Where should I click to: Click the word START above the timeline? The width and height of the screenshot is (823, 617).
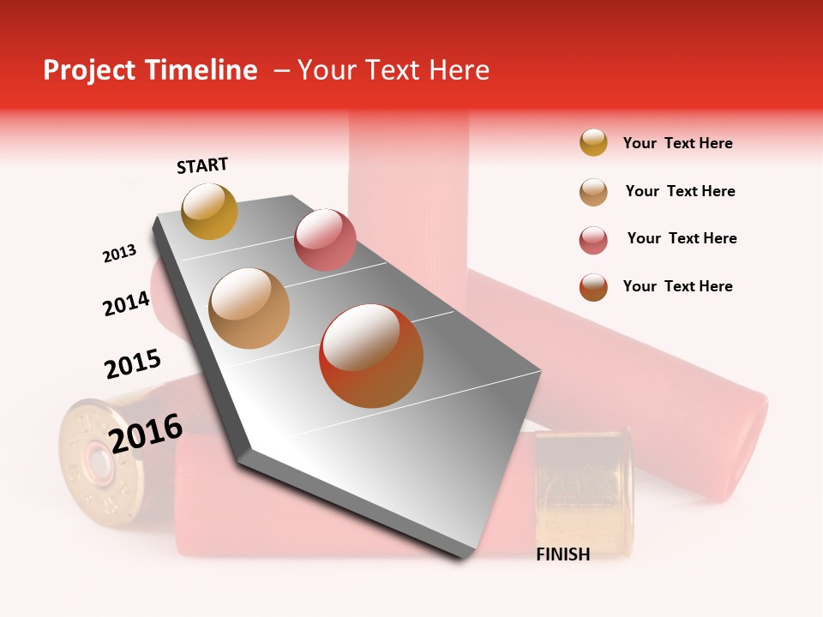click(x=202, y=165)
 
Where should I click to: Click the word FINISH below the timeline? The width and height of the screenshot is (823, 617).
click(x=562, y=554)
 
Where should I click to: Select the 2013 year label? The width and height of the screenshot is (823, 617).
click(x=119, y=254)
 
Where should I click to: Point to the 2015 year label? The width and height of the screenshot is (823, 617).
click(x=132, y=363)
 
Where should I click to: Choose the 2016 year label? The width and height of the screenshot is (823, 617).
click(x=146, y=433)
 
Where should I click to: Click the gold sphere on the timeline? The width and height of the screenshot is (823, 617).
click(x=209, y=211)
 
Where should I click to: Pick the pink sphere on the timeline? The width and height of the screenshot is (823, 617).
click(x=325, y=239)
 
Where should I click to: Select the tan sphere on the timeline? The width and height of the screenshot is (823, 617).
click(x=249, y=308)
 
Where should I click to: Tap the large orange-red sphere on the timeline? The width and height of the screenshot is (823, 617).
click(x=371, y=356)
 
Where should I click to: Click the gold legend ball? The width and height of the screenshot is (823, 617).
click(x=593, y=143)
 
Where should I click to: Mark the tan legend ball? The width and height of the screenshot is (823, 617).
click(x=593, y=192)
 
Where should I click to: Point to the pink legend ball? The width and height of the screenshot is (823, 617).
click(x=593, y=240)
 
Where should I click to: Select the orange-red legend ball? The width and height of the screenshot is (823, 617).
click(x=593, y=287)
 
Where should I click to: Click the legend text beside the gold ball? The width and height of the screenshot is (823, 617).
click(x=677, y=143)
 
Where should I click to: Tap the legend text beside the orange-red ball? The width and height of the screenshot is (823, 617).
click(x=677, y=286)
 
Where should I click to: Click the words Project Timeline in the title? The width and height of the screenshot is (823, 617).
click(x=150, y=70)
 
